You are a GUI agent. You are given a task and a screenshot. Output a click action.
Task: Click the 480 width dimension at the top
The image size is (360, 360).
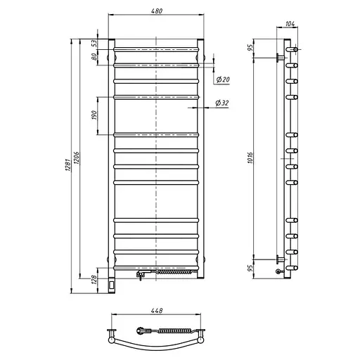[x=157, y=11]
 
